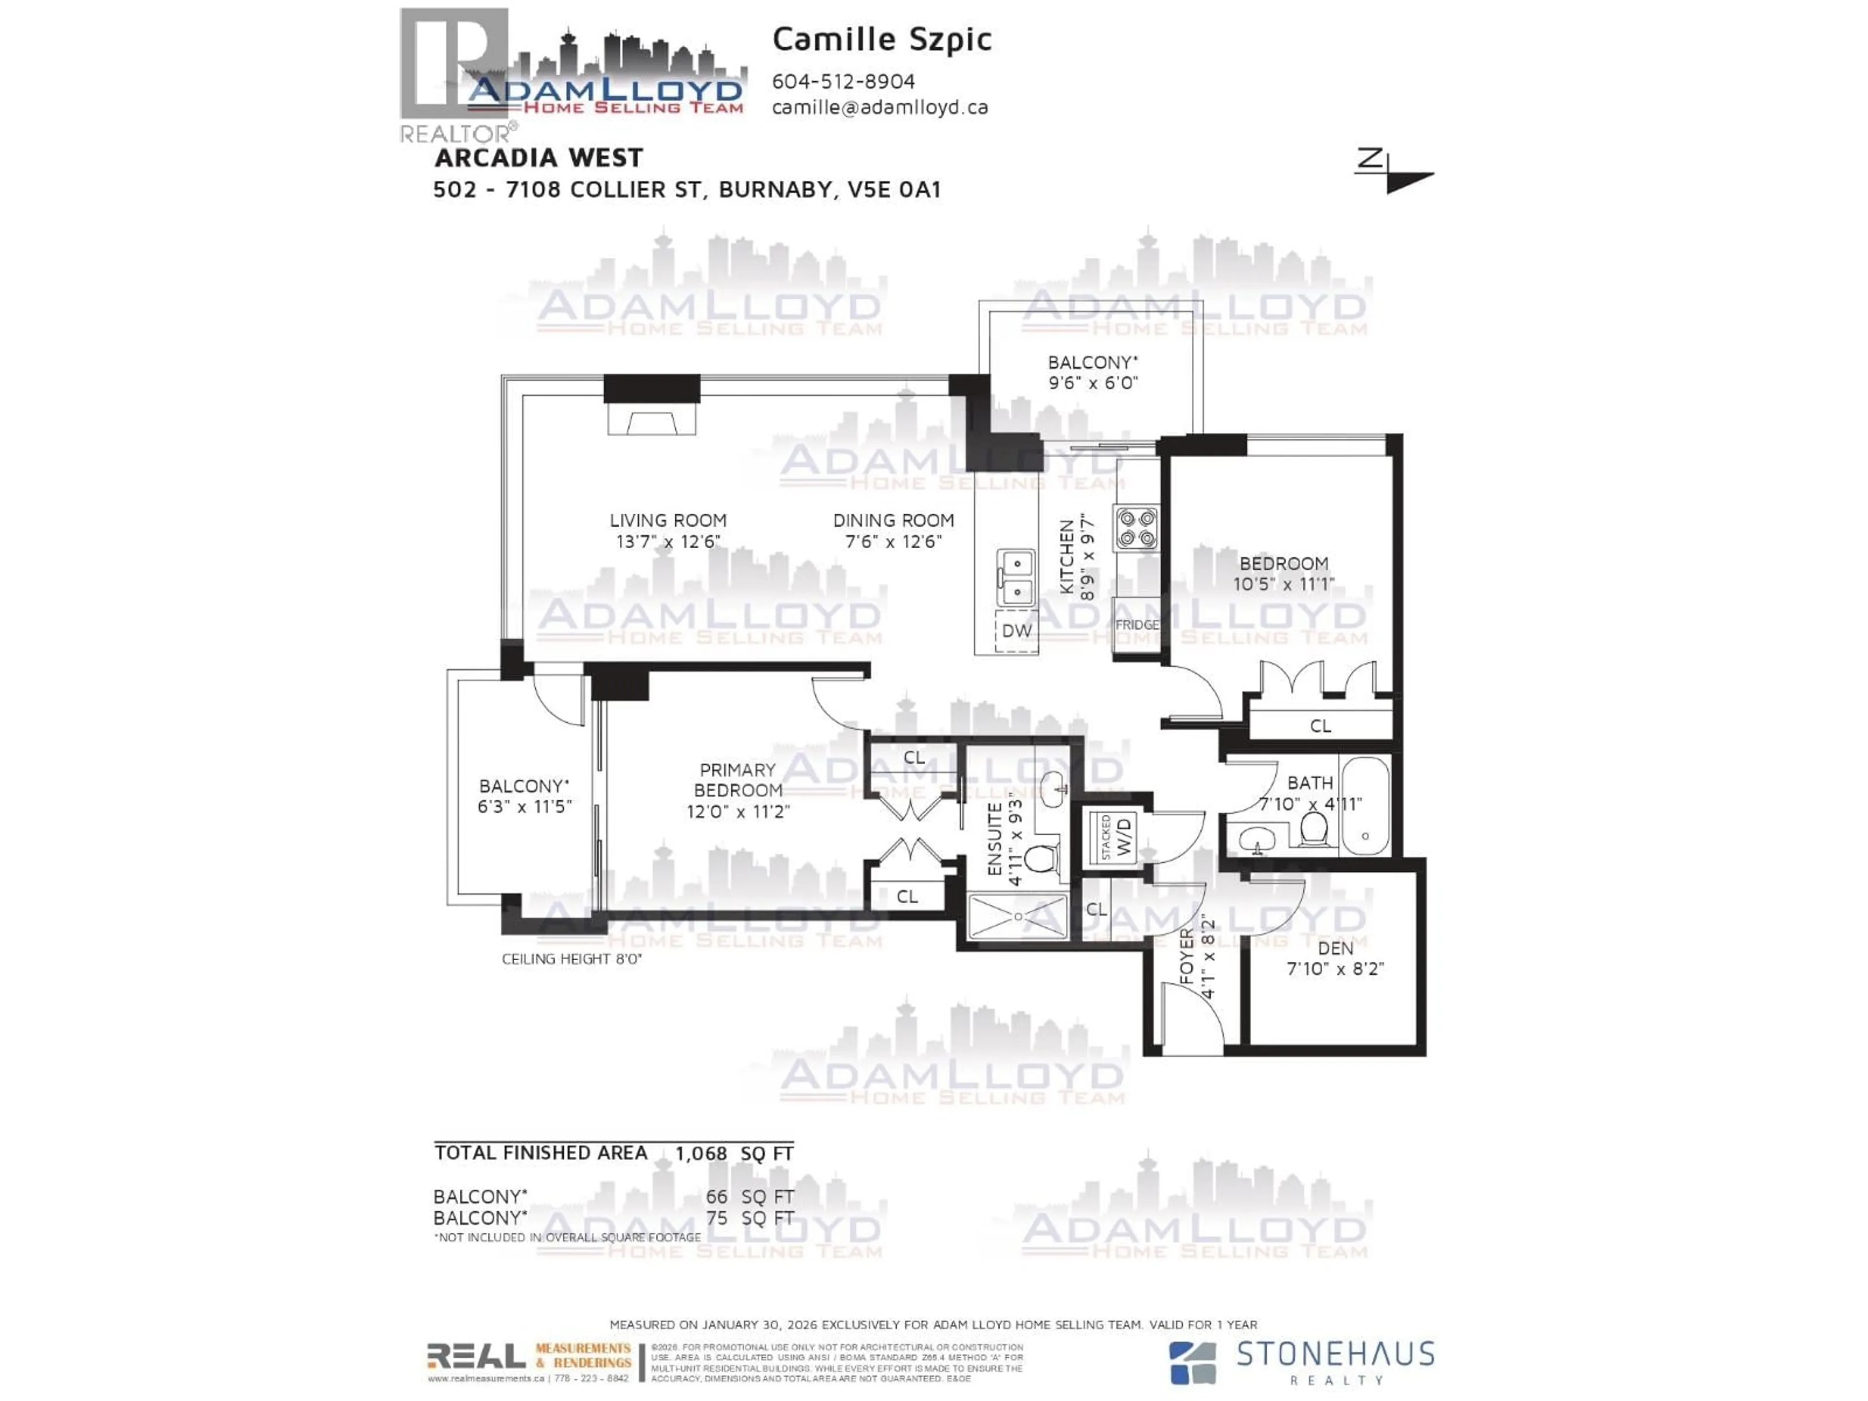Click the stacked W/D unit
click(1115, 837)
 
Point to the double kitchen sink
click(1016, 577)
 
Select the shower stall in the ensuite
click(1018, 917)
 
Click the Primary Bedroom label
click(737, 780)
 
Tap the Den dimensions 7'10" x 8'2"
click(1335, 969)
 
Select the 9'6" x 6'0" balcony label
click(1093, 382)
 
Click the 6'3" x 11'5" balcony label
click(524, 807)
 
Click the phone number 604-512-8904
click(843, 82)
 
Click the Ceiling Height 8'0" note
click(572, 959)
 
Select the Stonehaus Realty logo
click(1300, 1362)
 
